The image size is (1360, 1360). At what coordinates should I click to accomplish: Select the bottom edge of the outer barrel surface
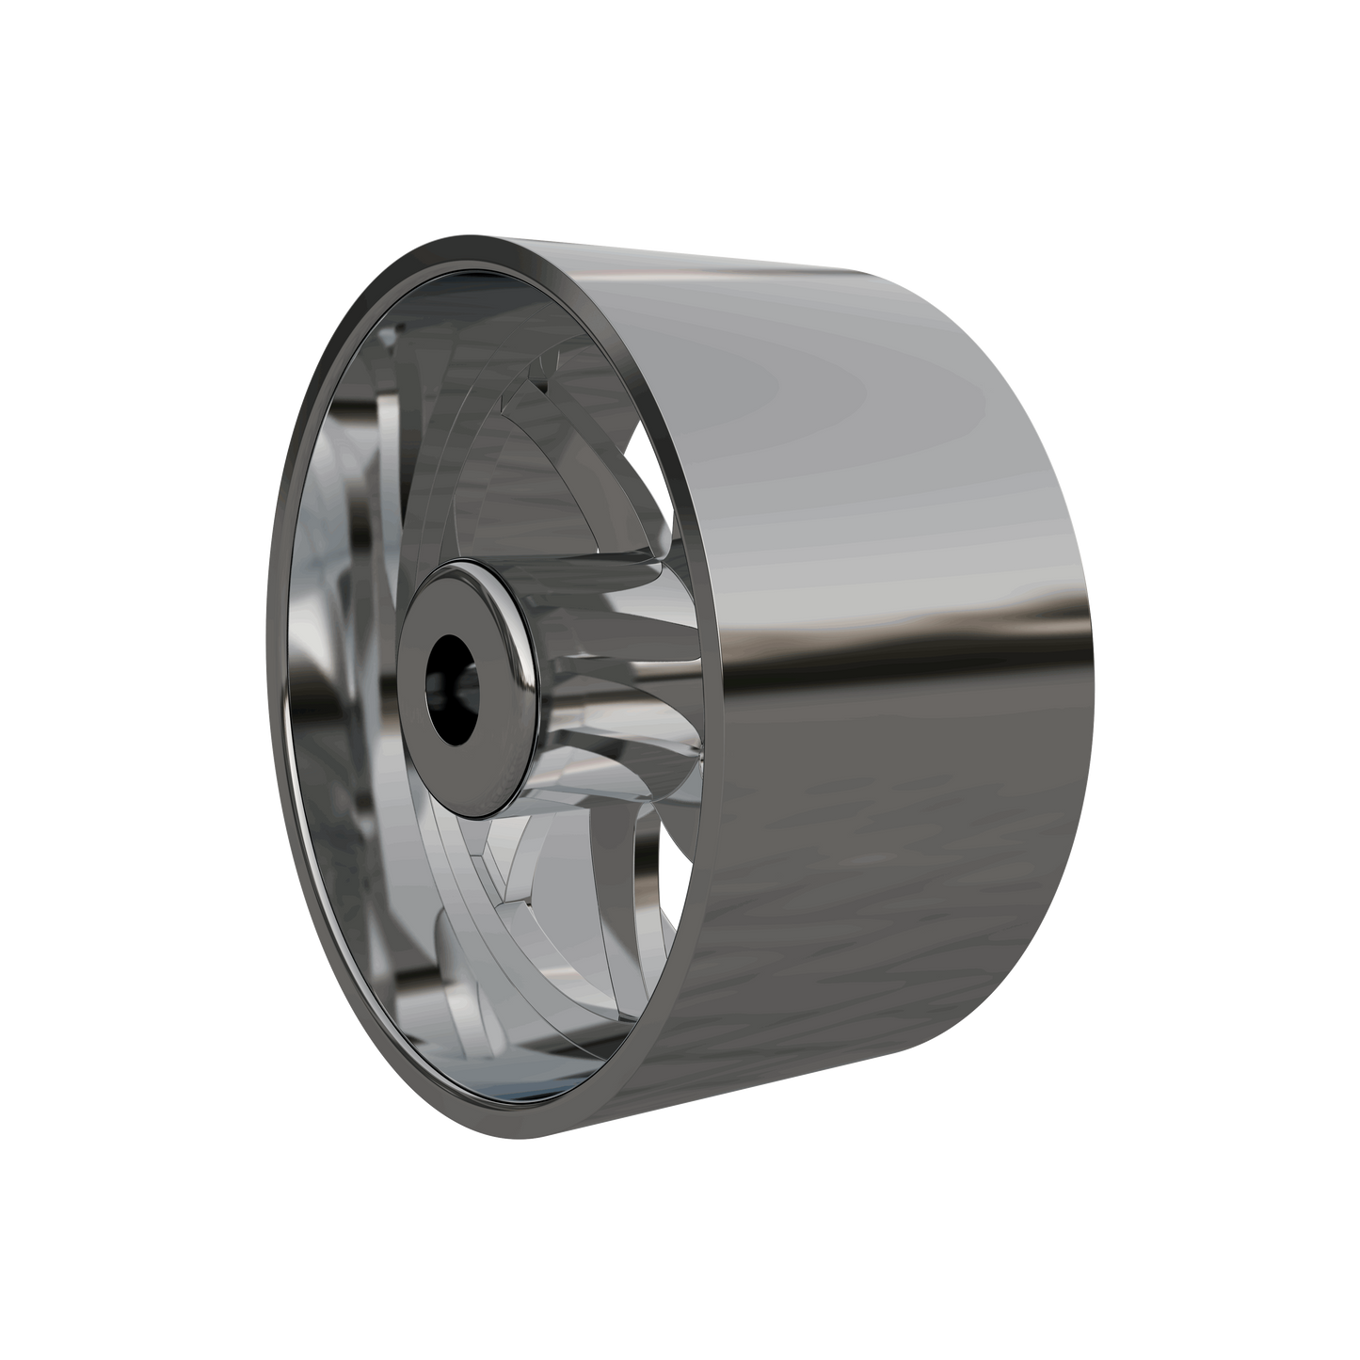(800, 1092)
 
